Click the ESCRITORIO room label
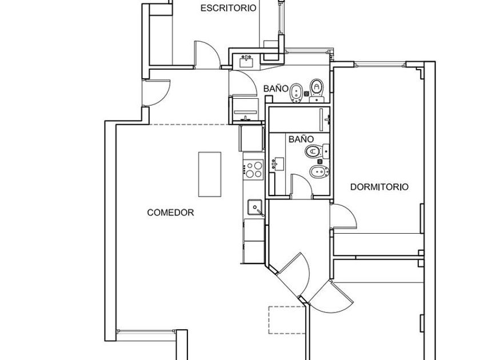click(x=229, y=8)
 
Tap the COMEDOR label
click(x=170, y=213)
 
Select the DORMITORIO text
click(x=379, y=187)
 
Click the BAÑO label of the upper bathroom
click(x=276, y=89)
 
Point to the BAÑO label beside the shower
click(x=301, y=139)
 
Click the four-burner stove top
click(x=254, y=169)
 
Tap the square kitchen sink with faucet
click(x=255, y=207)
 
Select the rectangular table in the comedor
click(x=210, y=174)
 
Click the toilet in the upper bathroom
click(x=317, y=90)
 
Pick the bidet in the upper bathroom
click(x=296, y=93)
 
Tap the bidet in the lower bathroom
click(x=319, y=172)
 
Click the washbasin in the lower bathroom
click(x=278, y=164)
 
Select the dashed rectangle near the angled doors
click(x=287, y=319)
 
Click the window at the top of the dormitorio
click(x=380, y=65)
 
